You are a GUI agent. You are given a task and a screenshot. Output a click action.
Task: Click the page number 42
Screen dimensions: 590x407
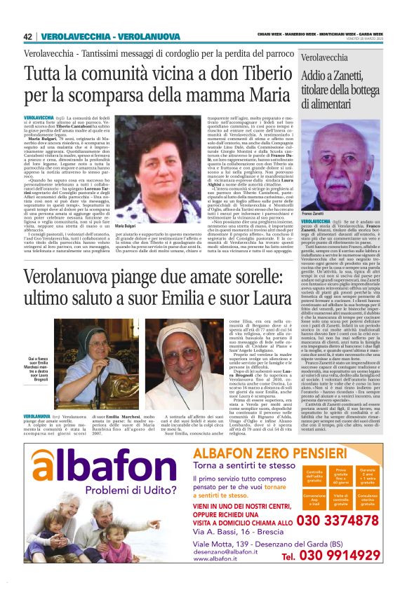coord(29,36)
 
